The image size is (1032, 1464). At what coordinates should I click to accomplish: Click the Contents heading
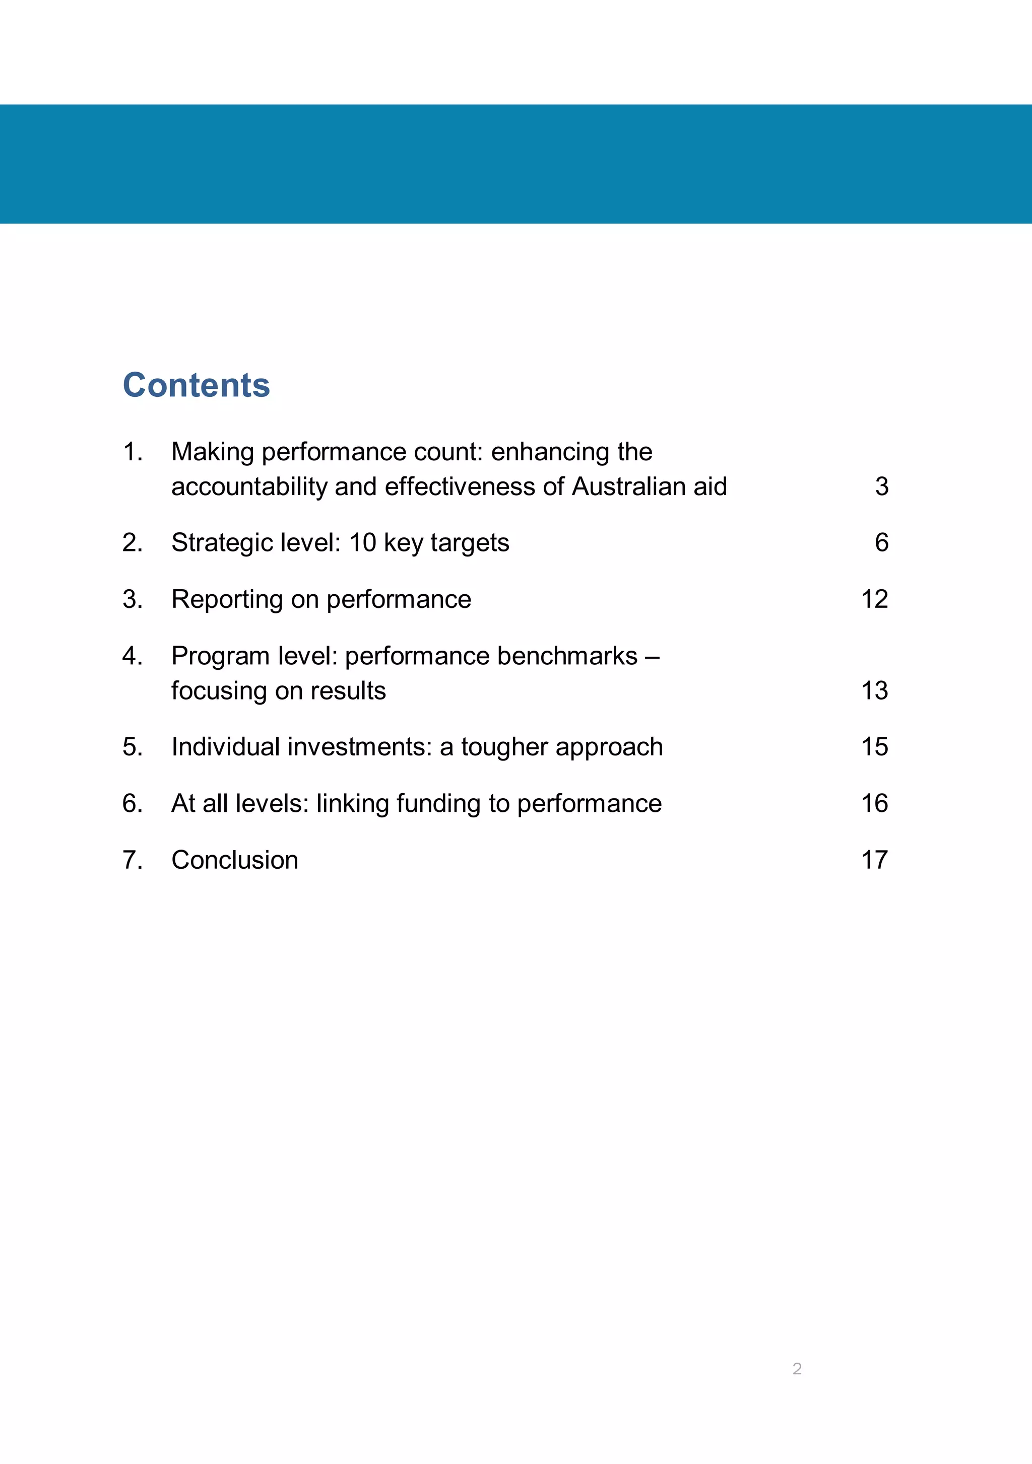pos(197,385)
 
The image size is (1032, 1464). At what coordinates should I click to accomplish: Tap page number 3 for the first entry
pos(881,486)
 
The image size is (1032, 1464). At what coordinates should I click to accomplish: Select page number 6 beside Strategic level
pos(881,542)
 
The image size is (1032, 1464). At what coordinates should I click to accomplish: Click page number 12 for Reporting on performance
pos(874,599)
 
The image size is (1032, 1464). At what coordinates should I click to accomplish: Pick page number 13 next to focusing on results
pos(874,690)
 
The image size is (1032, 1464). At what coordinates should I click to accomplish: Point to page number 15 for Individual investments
pos(874,747)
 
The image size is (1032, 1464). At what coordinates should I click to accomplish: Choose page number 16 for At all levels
pos(874,803)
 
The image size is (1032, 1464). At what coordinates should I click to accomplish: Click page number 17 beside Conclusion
pos(874,860)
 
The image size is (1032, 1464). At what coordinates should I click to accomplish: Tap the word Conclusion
pos(235,860)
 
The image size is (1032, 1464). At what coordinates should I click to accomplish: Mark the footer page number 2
pos(797,1368)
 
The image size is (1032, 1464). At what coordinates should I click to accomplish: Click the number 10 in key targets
pos(362,542)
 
